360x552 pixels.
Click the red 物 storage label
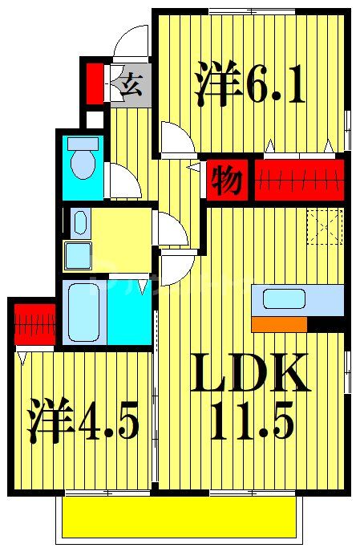(227, 181)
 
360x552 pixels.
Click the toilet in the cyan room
(81, 160)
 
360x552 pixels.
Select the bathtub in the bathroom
(83, 311)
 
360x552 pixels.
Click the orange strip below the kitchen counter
(279, 324)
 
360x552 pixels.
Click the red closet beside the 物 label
(301, 179)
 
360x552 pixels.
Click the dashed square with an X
(326, 225)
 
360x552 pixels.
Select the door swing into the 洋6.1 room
(176, 136)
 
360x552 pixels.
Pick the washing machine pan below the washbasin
(78, 255)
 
